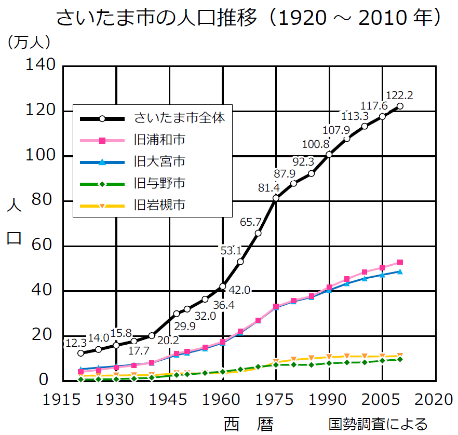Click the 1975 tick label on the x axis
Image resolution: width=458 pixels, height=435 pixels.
click(x=276, y=400)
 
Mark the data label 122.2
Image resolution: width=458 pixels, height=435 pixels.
click(x=399, y=95)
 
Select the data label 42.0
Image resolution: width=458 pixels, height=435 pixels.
click(x=240, y=290)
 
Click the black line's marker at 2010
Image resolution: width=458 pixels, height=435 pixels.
click(x=400, y=106)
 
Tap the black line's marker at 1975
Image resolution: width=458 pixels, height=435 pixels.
click(x=276, y=198)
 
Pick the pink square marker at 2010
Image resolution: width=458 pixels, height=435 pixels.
click(x=400, y=262)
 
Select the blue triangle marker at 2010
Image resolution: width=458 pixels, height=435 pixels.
click(x=400, y=271)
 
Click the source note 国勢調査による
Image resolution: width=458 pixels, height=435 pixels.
click(x=378, y=424)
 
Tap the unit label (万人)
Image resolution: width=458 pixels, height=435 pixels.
click(x=28, y=41)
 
